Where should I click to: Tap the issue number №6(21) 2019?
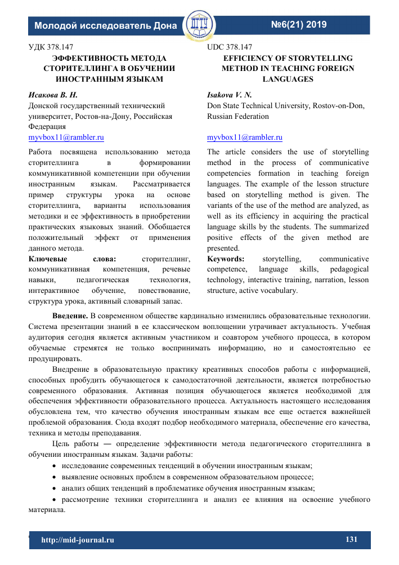click(x=299, y=25)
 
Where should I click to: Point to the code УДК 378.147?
click(x=51, y=47)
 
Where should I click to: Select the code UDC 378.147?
click(x=230, y=47)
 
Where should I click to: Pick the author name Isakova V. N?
click(x=229, y=95)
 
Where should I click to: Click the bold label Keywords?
click(x=226, y=259)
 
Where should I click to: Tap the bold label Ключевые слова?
click(x=72, y=259)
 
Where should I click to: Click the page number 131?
click(x=351, y=540)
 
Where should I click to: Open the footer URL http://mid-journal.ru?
click(x=78, y=540)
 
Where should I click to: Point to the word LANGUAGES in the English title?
click(x=288, y=79)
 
